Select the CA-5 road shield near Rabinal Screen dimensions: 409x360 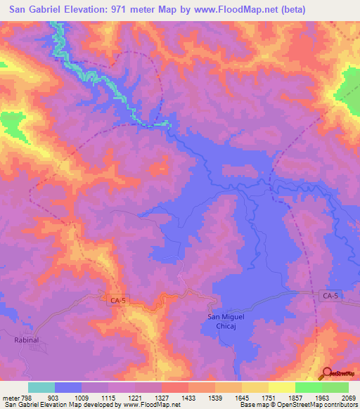tap(119, 300)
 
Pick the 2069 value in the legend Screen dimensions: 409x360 tap(348, 398)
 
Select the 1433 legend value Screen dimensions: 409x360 tap(188, 398)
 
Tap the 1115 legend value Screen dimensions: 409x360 tap(108, 398)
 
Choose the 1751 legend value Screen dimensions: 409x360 tap(268, 398)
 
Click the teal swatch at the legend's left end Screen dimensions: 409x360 tap(41, 387)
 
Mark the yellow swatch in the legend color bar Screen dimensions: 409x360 tap(282, 387)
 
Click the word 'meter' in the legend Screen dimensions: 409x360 tap(10, 398)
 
